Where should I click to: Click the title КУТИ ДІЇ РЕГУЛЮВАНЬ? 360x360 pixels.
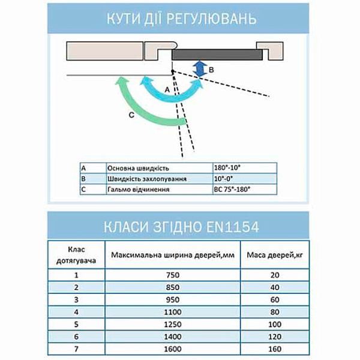tap(180, 18)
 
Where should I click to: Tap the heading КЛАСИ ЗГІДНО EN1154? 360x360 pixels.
tap(180, 226)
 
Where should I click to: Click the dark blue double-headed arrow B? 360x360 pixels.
tap(202, 69)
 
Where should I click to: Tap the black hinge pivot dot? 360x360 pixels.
tap(172, 71)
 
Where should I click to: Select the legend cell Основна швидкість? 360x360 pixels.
tap(159, 168)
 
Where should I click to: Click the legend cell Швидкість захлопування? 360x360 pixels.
tap(159, 179)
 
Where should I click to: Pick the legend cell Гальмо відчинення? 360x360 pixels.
tap(159, 190)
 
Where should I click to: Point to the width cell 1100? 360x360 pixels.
tap(172, 311)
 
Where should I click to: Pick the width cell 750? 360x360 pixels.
tap(172, 275)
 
